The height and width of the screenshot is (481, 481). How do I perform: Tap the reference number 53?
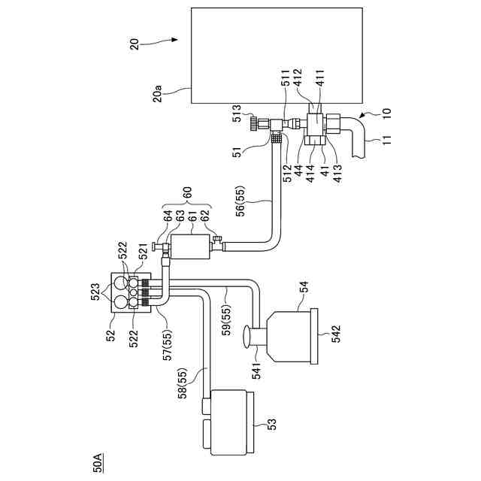click(x=271, y=424)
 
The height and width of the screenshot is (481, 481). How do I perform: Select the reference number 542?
click(x=336, y=334)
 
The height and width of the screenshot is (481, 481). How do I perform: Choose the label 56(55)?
click(x=241, y=201)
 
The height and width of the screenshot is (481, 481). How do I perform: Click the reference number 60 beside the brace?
click(x=187, y=193)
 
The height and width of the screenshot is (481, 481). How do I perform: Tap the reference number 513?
click(x=237, y=113)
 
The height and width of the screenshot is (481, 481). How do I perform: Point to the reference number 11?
click(x=387, y=140)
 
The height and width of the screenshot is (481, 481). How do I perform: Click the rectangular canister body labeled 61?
click(x=190, y=247)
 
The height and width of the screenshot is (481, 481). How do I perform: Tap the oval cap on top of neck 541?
click(x=247, y=337)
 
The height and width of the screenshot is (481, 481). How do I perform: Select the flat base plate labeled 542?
click(x=314, y=336)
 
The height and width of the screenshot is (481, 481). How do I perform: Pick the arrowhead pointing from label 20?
click(x=175, y=40)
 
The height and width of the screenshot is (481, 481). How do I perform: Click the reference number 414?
click(x=310, y=173)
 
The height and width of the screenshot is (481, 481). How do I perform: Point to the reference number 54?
click(x=303, y=288)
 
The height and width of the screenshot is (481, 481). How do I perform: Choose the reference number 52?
click(x=110, y=335)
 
